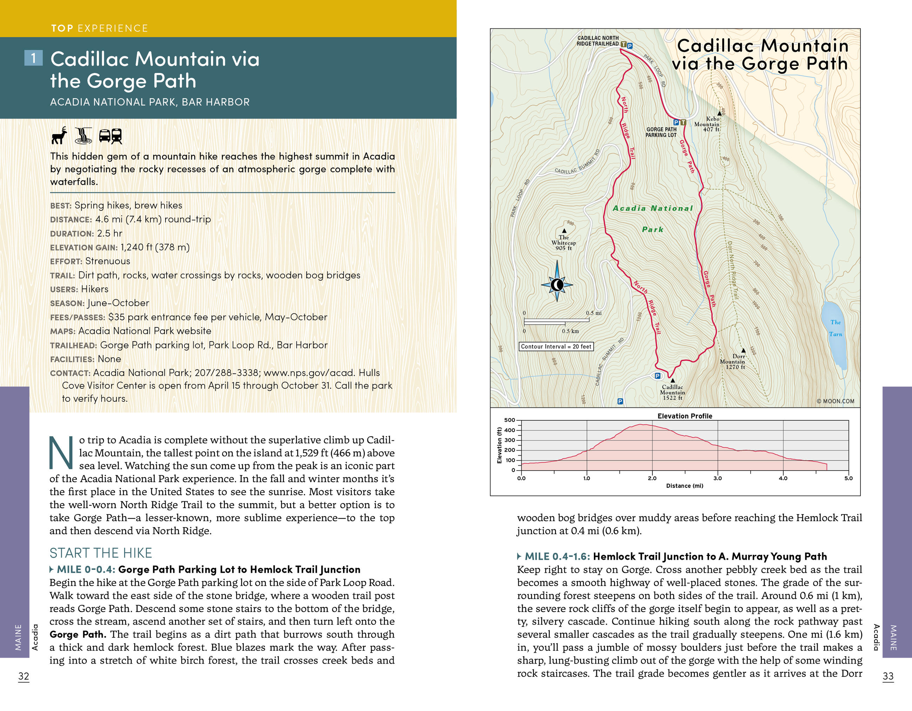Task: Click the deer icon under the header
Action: pyautogui.click(x=59, y=135)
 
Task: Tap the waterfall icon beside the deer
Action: pyautogui.click(x=83, y=135)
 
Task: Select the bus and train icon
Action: pyautogui.click(x=110, y=136)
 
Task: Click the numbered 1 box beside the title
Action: pyautogui.click(x=33, y=58)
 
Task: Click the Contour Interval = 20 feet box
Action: pyautogui.click(x=556, y=346)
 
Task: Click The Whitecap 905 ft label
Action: pyautogui.click(x=564, y=243)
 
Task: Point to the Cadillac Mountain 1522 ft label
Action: pyautogui.click(x=672, y=392)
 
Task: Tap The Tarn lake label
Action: pyautogui.click(x=836, y=328)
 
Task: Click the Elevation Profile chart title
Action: pyautogui.click(x=685, y=416)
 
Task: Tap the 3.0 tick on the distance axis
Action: pyautogui.click(x=717, y=478)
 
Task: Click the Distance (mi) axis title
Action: pyautogui.click(x=684, y=486)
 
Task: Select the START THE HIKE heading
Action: pyautogui.click(x=101, y=553)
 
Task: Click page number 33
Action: pyautogui.click(x=888, y=676)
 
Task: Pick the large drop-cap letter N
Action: pyautogui.click(x=61, y=452)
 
